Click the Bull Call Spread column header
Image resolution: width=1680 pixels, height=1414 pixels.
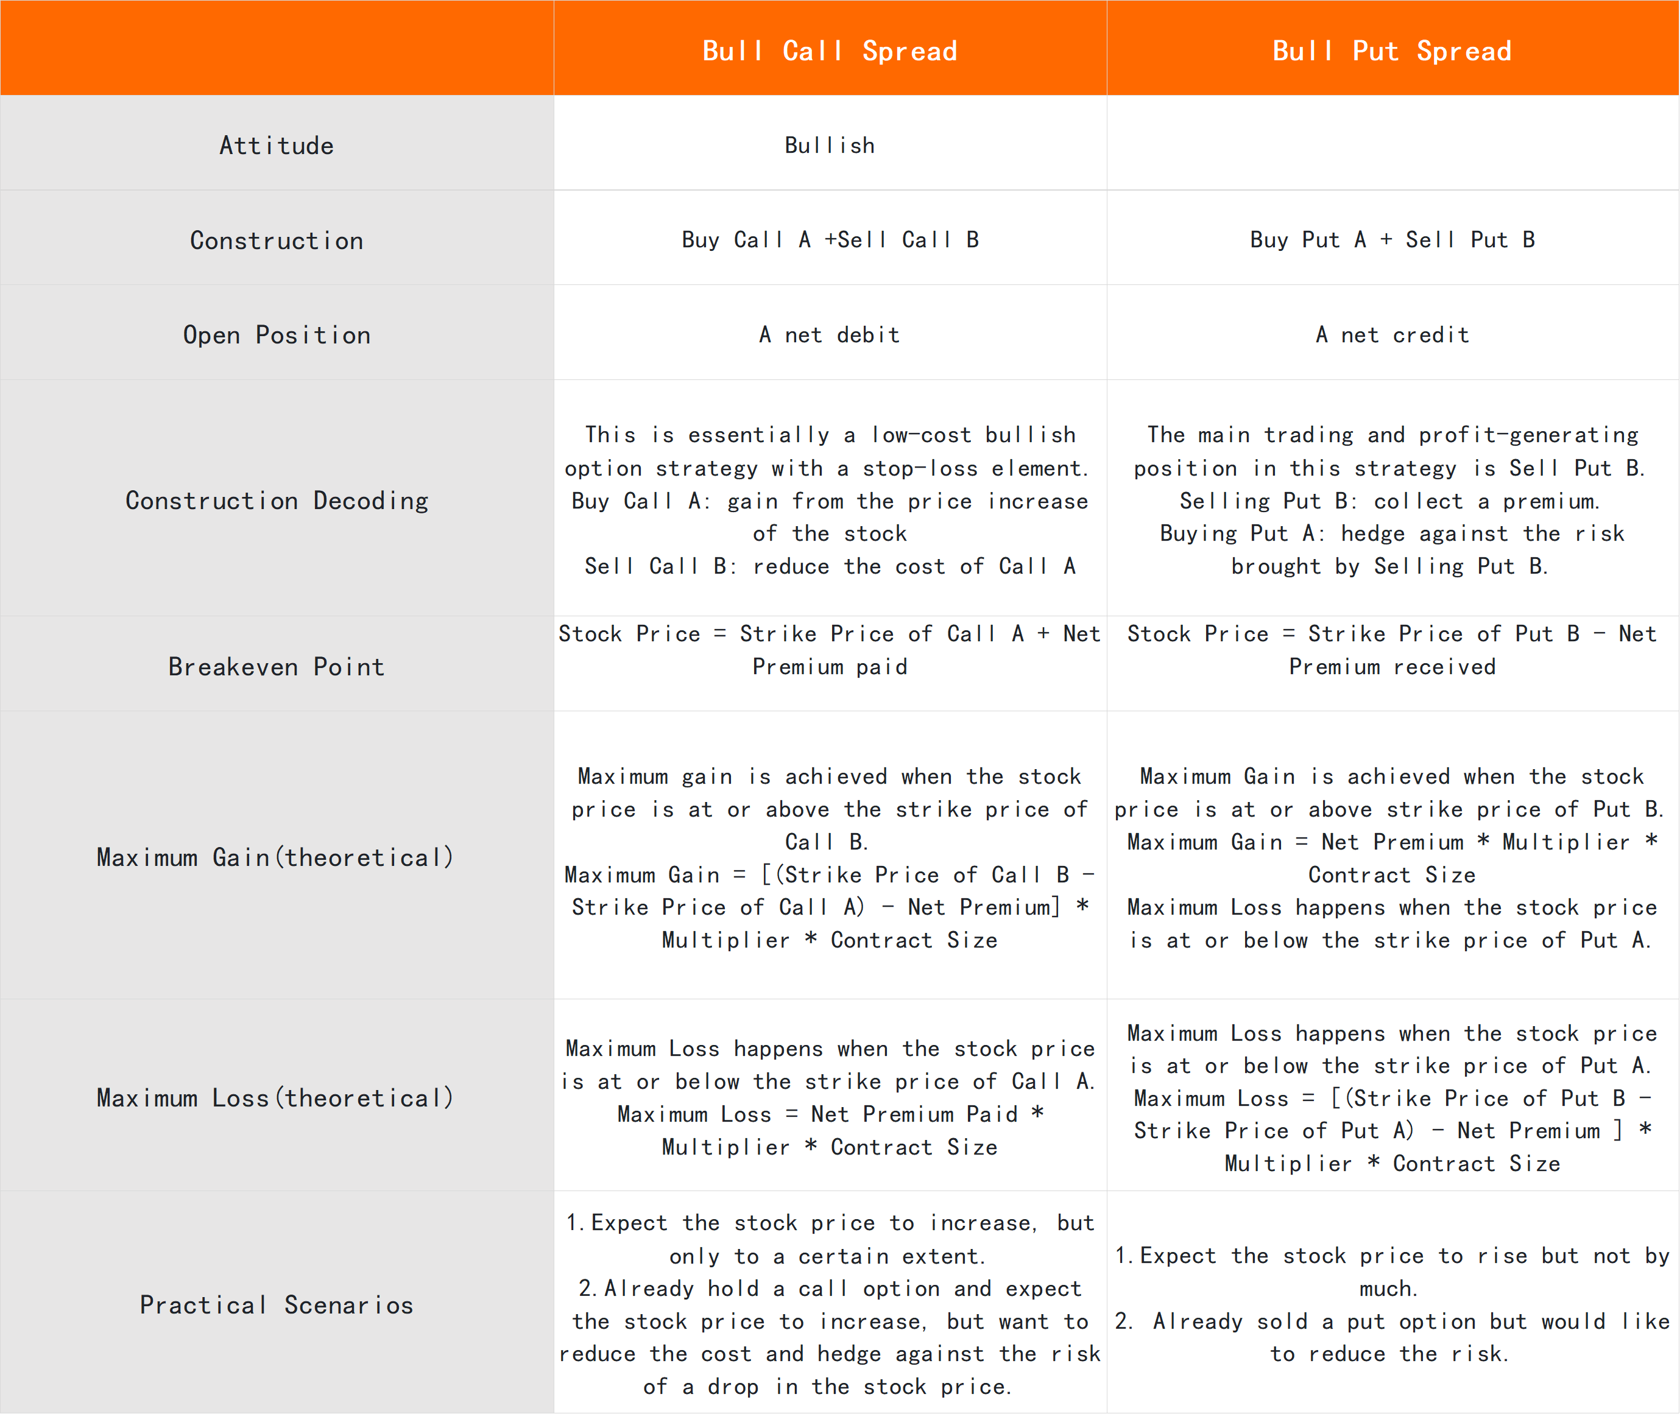pyautogui.click(x=830, y=51)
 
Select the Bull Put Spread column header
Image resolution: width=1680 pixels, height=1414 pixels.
pyautogui.click(x=1392, y=51)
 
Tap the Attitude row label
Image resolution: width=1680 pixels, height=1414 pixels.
pyautogui.click(x=277, y=145)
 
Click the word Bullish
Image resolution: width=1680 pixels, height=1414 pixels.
pyautogui.click(x=830, y=145)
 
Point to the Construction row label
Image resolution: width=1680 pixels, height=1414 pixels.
pyautogui.click(x=277, y=241)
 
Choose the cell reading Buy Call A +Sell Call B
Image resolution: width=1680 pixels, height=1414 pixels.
pyautogui.click(x=830, y=240)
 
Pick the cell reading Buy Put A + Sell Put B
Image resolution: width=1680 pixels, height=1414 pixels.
pyautogui.click(x=1392, y=240)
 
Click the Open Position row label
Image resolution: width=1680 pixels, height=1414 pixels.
pyautogui.click(x=277, y=334)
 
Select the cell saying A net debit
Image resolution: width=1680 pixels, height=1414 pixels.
pyautogui.click(x=830, y=334)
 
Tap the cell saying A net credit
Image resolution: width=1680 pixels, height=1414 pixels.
pyautogui.click(x=1392, y=334)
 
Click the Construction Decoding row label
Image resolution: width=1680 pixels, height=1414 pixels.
pyautogui.click(x=277, y=500)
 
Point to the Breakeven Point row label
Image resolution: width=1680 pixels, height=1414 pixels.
pyautogui.click(x=277, y=666)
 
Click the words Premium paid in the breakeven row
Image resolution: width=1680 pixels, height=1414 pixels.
pyautogui.click(x=830, y=666)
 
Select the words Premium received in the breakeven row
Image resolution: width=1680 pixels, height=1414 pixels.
pyautogui.click(x=1392, y=666)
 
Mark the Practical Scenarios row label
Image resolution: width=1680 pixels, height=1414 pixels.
pyautogui.click(x=277, y=1304)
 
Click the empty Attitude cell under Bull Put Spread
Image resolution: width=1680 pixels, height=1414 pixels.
pyautogui.click(x=1392, y=144)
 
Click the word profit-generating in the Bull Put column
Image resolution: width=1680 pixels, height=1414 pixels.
pyautogui.click(x=1528, y=434)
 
